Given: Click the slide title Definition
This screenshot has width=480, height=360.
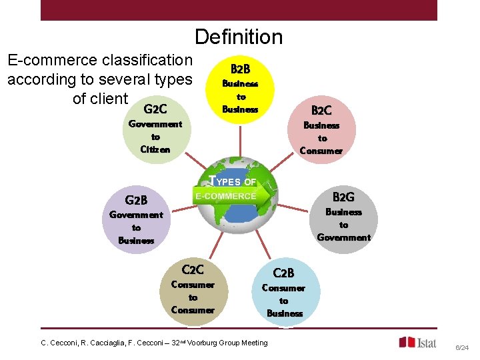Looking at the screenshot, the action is click(239, 37).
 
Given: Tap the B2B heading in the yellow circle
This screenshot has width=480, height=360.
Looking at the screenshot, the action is click(240, 69).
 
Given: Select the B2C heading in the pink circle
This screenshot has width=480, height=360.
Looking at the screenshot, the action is click(321, 110).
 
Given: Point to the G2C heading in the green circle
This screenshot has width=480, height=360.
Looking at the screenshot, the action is click(155, 108).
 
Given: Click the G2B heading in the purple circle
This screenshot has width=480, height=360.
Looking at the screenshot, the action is click(136, 199).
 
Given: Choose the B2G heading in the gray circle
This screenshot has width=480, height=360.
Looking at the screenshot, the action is click(343, 197).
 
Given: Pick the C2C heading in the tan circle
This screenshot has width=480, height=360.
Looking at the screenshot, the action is click(193, 269).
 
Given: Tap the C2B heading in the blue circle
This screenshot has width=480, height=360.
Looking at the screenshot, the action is click(283, 273).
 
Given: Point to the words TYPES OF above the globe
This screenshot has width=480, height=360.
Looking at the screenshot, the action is click(233, 181).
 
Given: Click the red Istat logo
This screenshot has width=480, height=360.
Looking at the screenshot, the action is click(418, 342).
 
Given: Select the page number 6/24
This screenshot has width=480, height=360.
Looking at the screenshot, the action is click(462, 347).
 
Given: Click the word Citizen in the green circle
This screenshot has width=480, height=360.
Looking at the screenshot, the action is click(155, 149).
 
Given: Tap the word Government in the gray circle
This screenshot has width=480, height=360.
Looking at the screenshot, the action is click(343, 237).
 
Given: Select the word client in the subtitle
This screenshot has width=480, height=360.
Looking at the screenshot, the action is click(109, 99).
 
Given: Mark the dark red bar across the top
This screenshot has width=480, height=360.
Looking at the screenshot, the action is click(239, 10).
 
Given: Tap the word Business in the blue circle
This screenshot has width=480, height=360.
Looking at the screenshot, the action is click(285, 313).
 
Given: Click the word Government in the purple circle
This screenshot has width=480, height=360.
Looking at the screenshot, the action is click(136, 215).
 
